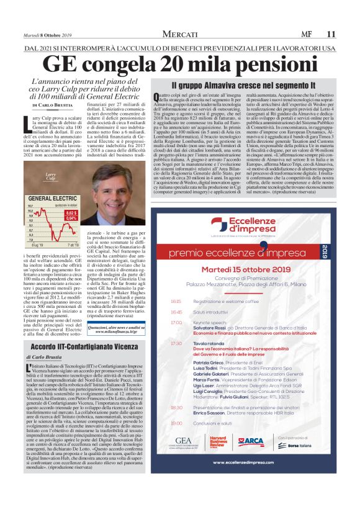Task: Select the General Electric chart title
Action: coord(53,198)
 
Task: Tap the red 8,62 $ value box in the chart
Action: coord(71,213)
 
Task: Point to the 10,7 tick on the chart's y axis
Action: coord(30,205)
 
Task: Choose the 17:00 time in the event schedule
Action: coord(176,322)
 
